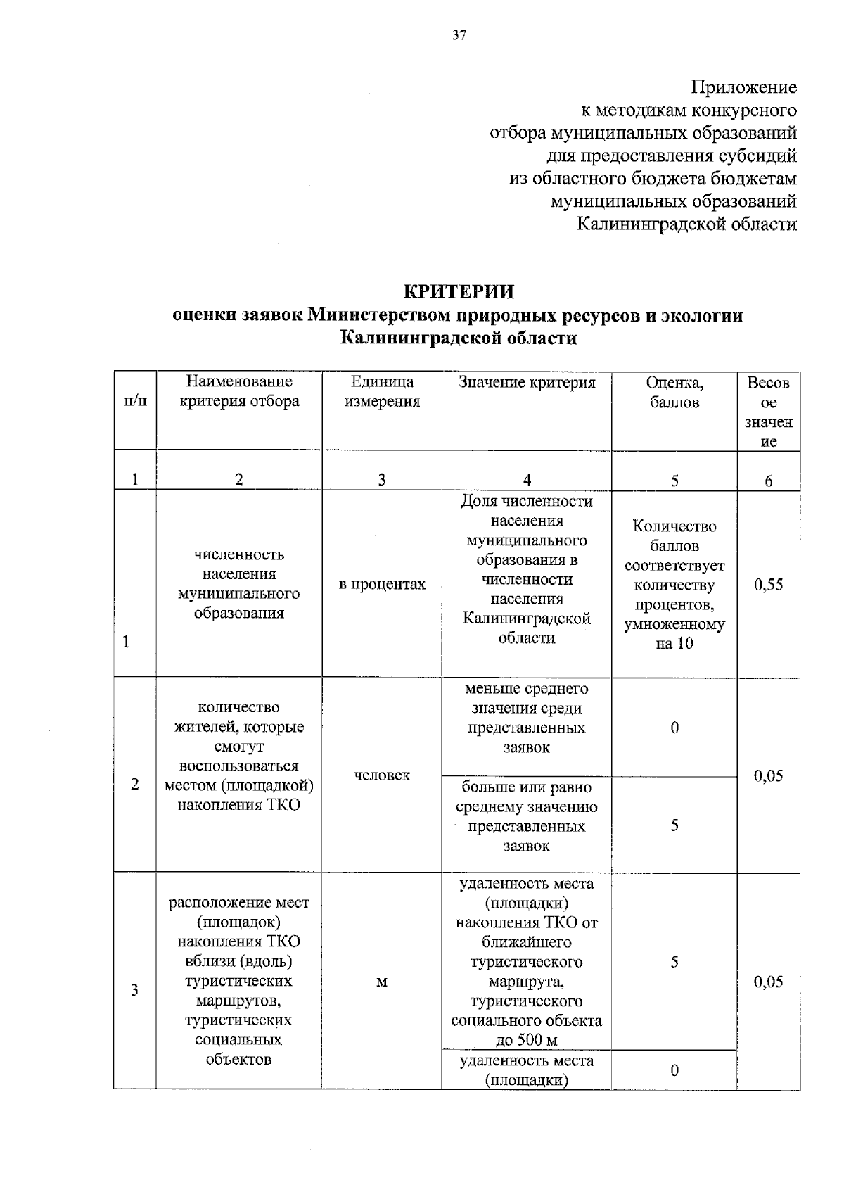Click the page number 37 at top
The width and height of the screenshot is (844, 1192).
(x=459, y=36)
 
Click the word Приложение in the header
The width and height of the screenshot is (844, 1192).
(x=744, y=87)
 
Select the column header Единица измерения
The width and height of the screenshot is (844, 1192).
(x=382, y=392)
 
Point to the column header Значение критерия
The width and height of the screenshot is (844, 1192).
(x=527, y=382)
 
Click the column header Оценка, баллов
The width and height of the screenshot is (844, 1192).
(x=674, y=392)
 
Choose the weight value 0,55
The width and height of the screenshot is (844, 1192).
(x=768, y=585)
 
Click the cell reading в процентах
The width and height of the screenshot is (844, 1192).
(x=382, y=585)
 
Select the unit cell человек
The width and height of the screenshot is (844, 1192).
(x=382, y=775)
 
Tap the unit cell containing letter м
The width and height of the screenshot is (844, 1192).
(x=382, y=982)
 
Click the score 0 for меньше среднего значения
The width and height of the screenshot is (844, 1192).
(x=674, y=728)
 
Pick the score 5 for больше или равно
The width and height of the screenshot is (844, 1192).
(x=674, y=825)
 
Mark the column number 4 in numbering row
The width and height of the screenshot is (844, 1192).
(x=527, y=481)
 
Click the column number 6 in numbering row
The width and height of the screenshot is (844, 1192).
(x=768, y=481)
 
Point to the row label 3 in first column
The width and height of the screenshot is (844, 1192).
(x=134, y=990)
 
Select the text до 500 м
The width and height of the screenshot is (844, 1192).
(x=527, y=1040)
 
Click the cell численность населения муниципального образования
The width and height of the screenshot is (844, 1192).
(x=239, y=584)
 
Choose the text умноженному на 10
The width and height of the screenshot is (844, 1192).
(x=674, y=634)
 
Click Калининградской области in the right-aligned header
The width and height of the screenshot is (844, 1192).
(x=686, y=224)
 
